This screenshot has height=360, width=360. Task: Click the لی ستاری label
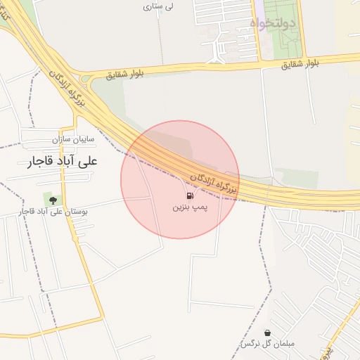click(x=158, y=6)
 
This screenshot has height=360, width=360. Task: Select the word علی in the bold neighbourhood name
click(x=91, y=161)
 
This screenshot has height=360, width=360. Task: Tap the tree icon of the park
click(x=52, y=200)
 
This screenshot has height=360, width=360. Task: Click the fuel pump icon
click(x=190, y=196)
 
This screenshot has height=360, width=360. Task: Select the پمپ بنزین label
click(x=191, y=209)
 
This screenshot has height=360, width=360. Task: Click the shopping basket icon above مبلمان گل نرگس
click(x=267, y=333)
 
